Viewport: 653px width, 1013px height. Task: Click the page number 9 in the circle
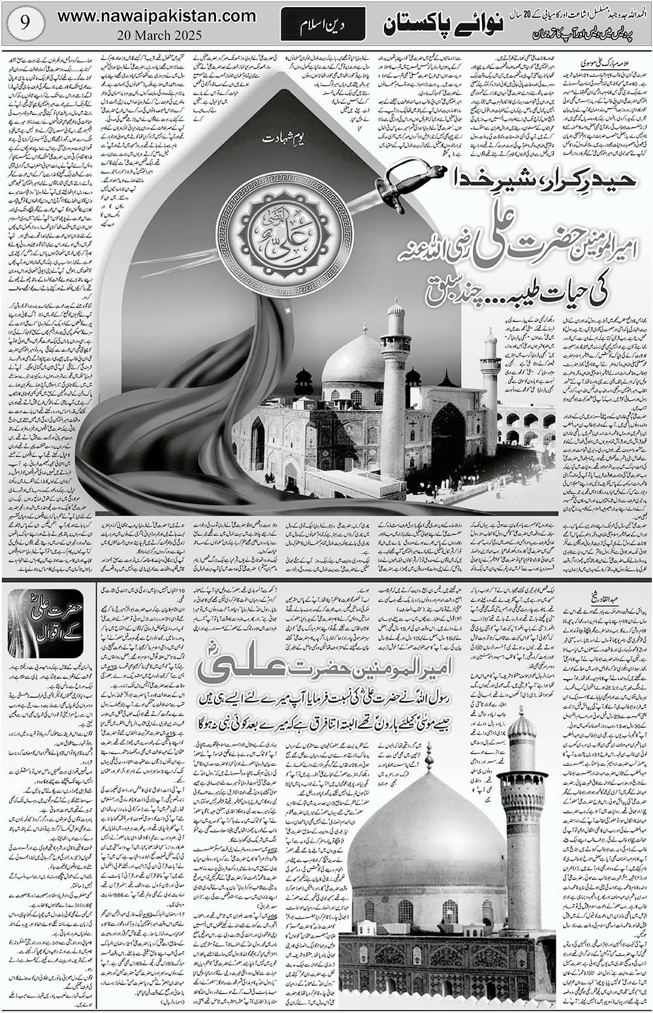coord(24,25)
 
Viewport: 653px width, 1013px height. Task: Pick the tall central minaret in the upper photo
coord(396,385)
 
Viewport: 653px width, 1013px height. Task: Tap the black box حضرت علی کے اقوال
coord(45,623)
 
